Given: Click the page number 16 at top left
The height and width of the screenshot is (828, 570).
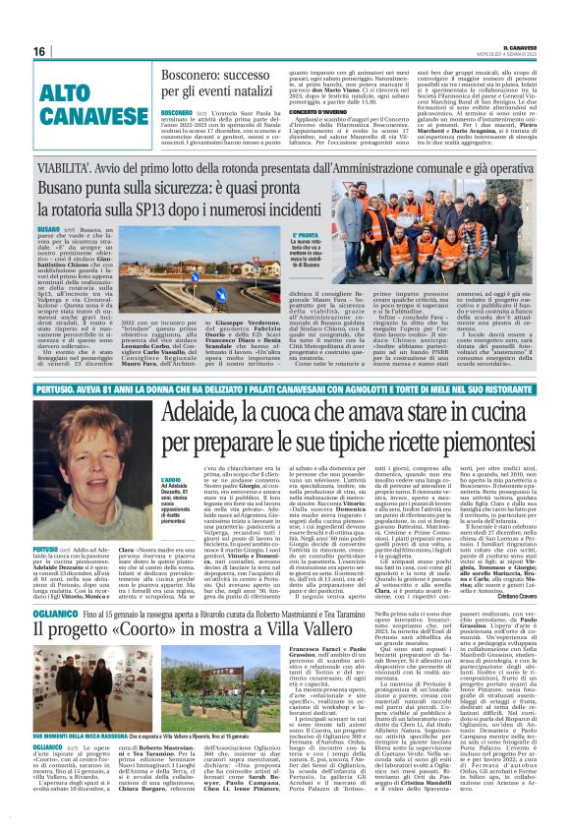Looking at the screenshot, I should tap(40, 51).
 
